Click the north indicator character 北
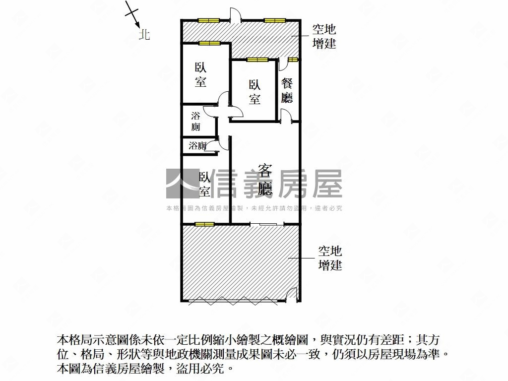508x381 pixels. [144, 35]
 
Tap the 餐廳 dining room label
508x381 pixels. [287, 90]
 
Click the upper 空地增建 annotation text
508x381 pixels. [324, 37]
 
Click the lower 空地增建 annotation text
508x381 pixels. [330, 258]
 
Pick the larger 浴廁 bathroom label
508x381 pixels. [196, 122]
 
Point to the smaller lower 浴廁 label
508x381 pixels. [197, 146]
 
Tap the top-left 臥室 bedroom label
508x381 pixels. [200, 75]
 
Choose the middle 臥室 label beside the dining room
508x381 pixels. [254, 92]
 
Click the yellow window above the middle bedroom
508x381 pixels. [257, 60]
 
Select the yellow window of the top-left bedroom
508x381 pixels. [209, 43]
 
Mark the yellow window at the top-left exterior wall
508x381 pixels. [208, 20]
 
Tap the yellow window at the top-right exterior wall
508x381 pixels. [275, 20]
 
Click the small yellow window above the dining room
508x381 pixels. [293, 60]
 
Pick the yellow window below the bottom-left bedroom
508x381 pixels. [204, 224]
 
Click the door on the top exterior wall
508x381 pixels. [236, 16]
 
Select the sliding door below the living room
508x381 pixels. [264, 225]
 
